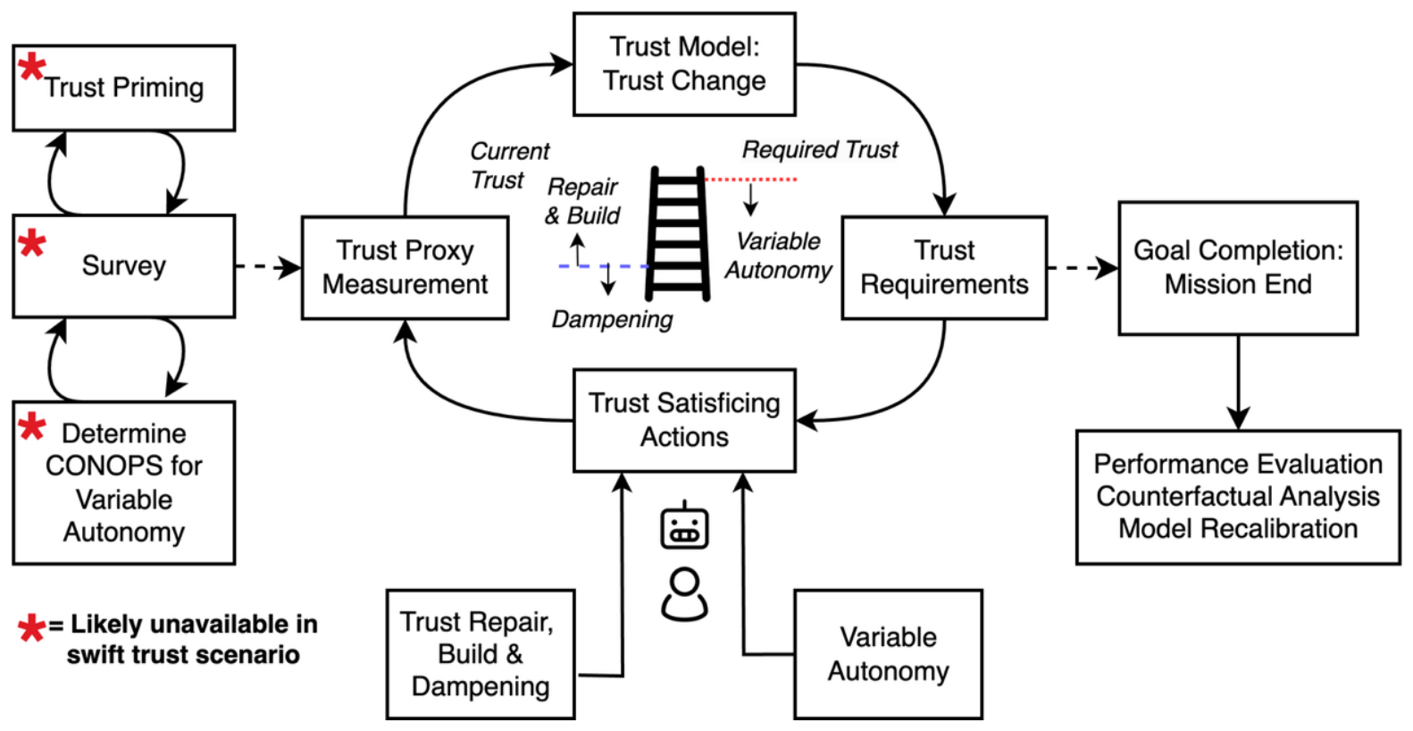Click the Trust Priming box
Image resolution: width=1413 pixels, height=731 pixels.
[x=123, y=88]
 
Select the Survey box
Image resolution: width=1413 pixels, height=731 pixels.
[x=123, y=265]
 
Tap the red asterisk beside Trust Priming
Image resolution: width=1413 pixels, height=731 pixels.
[x=31, y=68]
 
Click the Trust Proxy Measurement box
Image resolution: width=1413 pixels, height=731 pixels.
[x=405, y=268]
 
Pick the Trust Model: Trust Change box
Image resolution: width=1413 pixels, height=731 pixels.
[x=684, y=63]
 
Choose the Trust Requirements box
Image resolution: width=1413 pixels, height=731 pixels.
[x=944, y=268]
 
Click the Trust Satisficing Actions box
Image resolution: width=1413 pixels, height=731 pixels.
[x=684, y=420]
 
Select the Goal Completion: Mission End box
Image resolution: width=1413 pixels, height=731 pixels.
[x=1238, y=268]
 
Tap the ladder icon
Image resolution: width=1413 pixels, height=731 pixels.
[x=678, y=233]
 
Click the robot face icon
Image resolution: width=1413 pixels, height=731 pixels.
[x=684, y=525]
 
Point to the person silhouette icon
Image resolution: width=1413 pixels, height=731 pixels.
[x=684, y=594]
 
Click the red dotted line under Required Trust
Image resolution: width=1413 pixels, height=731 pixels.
[x=750, y=180]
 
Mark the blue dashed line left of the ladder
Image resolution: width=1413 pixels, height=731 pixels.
[x=604, y=266]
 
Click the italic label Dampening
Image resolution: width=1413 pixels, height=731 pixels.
[x=612, y=319]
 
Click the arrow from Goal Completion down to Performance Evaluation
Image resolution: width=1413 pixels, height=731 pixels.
[x=1238, y=382]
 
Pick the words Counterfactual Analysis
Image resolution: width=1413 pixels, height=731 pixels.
[x=1238, y=496]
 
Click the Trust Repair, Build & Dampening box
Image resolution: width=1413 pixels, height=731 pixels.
[x=481, y=655]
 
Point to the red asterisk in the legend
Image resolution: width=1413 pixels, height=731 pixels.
[x=31, y=628]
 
